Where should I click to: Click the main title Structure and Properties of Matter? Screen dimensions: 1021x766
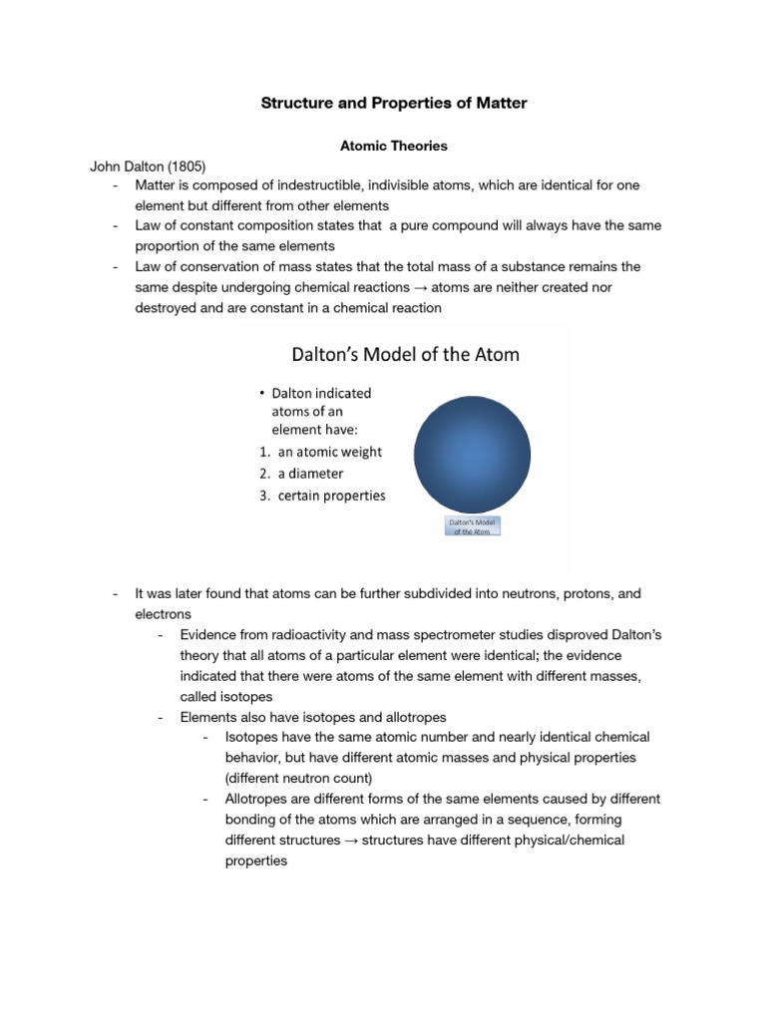pos(393,103)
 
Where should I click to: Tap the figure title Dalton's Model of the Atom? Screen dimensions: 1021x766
pos(404,354)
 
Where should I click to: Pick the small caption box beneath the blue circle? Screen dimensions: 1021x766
pos(472,526)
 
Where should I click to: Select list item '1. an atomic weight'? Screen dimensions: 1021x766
pos(316,452)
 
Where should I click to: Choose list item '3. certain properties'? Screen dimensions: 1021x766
pos(322,496)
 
